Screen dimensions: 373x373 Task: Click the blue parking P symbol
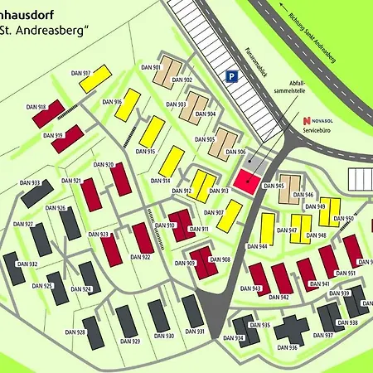pos(233,76)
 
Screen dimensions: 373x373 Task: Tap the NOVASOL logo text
pos(321,119)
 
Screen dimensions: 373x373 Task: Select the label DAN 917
pos(81,73)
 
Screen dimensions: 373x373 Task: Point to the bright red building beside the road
pos(246,179)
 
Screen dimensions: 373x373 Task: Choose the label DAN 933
pos(30,183)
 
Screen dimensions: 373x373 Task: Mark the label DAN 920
pos(104,165)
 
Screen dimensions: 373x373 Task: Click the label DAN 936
pos(288,347)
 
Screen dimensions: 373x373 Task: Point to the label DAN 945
pos(275,186)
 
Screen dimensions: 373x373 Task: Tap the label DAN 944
pos(257,246)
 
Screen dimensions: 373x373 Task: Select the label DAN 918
pos(36,107)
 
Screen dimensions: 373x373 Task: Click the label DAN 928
pos(75,332)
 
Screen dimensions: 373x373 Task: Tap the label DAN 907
pos(214,212)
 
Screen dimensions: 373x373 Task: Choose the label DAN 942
pos(280,297)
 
